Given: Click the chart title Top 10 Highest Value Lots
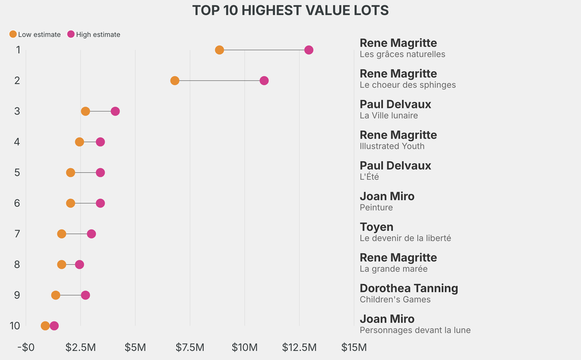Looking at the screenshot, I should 290,11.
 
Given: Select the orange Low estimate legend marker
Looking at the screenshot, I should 13,35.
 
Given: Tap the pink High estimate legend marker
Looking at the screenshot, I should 71,35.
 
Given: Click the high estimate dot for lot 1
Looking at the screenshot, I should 309,50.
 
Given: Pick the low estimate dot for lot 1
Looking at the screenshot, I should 220,50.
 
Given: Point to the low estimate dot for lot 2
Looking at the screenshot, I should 175,81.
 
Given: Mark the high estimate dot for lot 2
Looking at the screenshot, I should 264,81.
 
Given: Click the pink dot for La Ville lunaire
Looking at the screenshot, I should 115,111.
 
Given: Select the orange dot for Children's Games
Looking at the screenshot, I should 56,295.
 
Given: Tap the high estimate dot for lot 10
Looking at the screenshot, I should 54,326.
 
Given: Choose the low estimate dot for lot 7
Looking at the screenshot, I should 62,234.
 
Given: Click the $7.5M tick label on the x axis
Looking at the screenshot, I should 190,347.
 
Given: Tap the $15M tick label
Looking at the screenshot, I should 353,347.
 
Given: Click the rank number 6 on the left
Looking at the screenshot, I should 17,203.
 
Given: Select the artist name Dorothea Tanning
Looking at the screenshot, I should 409,288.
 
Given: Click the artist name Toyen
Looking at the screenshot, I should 376,227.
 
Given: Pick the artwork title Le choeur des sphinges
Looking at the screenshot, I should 407,85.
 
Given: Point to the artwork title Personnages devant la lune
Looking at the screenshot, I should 415,330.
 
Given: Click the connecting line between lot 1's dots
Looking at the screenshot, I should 264,50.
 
